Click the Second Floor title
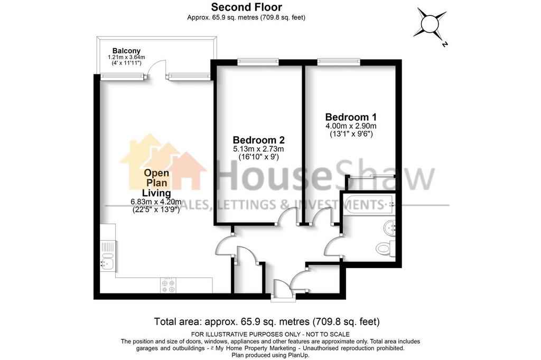click(246, 7)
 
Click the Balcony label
click(126, 51)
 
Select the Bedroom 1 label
click(351, 117)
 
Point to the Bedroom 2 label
click(258, 140)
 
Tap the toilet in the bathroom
click(386, 248)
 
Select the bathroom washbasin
click(390, 228)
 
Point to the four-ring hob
click(168, 285)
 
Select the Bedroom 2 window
click(258, 62)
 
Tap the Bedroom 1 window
click(339, 62)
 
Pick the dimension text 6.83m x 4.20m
click(156, 202)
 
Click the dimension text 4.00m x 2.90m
click(351, 126)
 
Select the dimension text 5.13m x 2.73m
click(258, 149)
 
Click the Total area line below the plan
click(267, 321)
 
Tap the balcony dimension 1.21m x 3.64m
click(126, 57)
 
